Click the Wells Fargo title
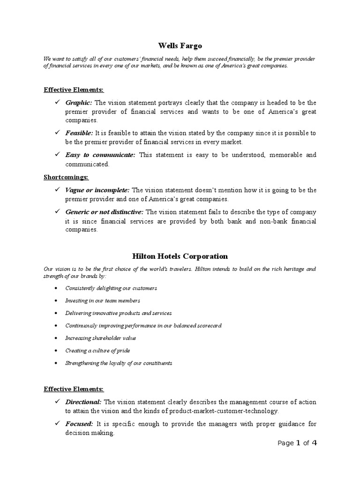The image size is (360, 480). (180, 46)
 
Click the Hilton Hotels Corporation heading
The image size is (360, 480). (180, 256)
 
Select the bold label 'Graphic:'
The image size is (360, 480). (79, 103)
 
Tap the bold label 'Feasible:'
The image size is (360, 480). (79, 133)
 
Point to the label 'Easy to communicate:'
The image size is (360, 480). (100, 155)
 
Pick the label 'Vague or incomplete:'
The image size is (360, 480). (97, 190)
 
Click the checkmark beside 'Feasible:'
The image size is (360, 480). (57, 133)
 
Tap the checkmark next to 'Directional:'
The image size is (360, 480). (57, 402)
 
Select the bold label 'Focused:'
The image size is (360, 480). (79, 424)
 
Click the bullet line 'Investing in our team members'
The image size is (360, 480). (103, 300)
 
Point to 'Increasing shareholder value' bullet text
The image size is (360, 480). (101, 338)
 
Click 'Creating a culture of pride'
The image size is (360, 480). (98, 351)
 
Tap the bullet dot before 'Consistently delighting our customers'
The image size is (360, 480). (56, 288)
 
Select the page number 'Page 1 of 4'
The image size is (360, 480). (297, 443)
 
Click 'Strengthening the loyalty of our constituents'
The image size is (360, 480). (119, 363)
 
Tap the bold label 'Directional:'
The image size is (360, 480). (83, 402)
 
